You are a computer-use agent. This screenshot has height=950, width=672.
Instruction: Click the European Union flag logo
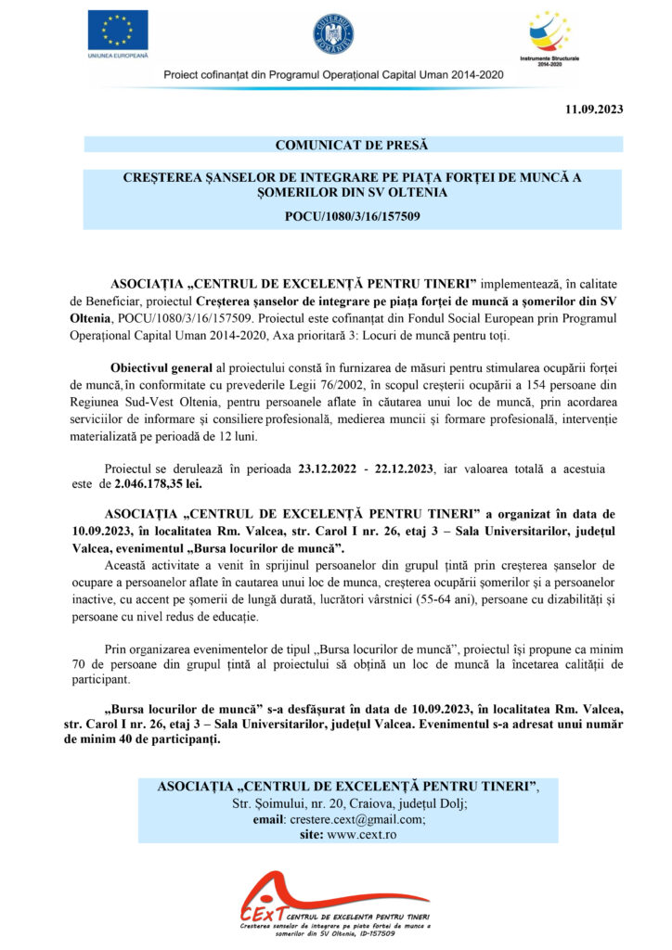point(117,31)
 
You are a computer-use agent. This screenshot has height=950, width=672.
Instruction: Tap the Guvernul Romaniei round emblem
point(333,33)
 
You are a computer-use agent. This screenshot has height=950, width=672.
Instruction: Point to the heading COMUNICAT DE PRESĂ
point(353,144)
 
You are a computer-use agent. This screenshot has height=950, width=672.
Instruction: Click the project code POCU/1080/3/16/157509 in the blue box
point(352,216)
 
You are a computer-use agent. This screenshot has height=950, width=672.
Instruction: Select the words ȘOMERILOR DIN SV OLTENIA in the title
point(353,192)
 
